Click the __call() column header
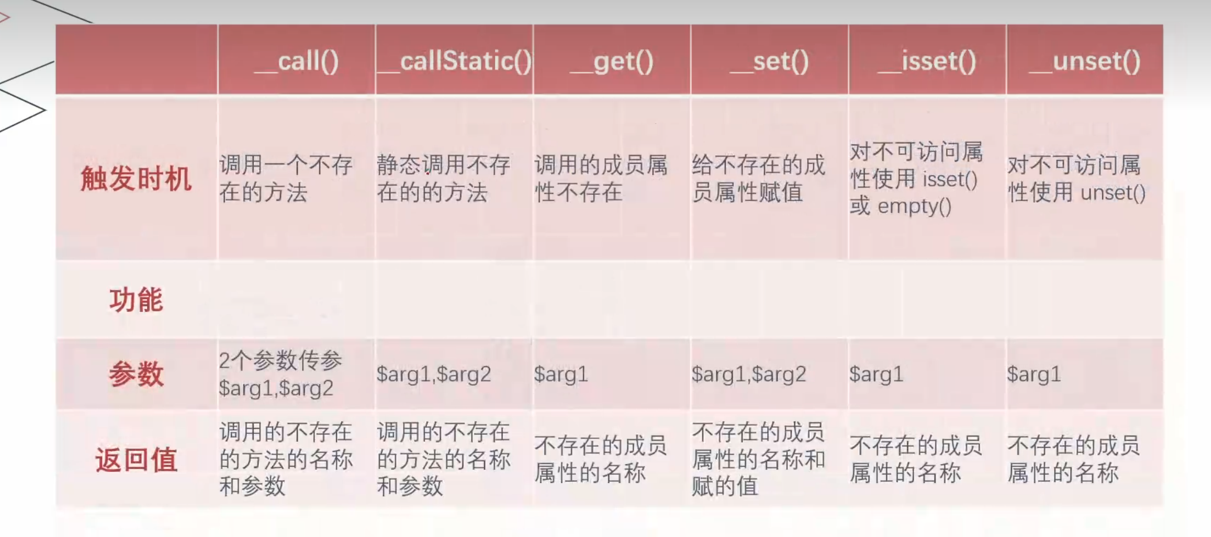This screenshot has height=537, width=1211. [x=297, y=60]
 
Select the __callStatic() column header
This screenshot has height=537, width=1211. [x=454, y=60]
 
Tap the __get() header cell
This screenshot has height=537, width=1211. [x=612, y=60]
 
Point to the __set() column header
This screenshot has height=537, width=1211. [x=769, y=60]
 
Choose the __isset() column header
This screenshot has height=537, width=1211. [x=927, y=60]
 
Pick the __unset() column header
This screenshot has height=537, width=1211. [x=1084, y=60]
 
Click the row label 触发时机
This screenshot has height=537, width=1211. [x=136, y=179]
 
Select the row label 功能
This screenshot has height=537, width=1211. [x=136, y=300]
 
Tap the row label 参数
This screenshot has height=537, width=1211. [x=136, y=373]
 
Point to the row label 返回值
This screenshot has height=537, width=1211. [x=136, y=460]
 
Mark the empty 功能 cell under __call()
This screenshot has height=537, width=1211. [x=297, y=300]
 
